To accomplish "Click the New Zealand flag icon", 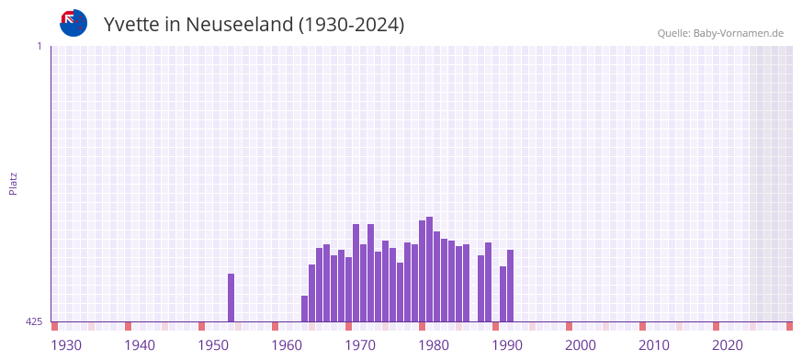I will click(73, 23).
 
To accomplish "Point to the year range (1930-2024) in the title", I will click(351, 25).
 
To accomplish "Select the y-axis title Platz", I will click(13, 183).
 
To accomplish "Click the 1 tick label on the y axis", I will click(39, 46).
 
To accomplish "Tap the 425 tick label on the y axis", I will click(34, 321).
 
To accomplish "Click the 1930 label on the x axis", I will click(66, 345).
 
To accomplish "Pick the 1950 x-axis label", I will click(213, 345).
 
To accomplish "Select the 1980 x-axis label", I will click(434, 345).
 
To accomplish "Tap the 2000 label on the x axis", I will click(581, 345).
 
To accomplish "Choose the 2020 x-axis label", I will click(728, 345).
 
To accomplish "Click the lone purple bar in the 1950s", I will click(231, 298).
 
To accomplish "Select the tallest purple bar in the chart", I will click(429, 269).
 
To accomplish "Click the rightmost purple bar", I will click(510, 286).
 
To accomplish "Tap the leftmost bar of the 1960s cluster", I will click(304, 309).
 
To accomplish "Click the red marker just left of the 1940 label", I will click(128, 326).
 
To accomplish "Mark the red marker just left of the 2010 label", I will click(642, 326).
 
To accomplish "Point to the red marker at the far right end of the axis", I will click(789, 326).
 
